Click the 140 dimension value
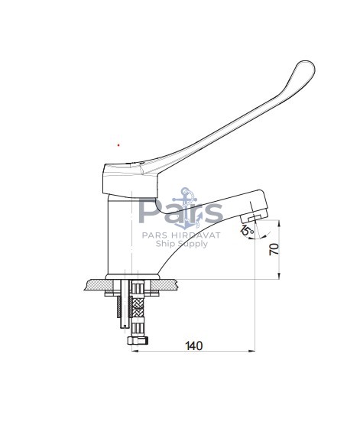194,346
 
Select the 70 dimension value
274,249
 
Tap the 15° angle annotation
247,229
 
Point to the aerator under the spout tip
251,217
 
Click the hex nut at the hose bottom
138,340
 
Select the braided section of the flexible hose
137,307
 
